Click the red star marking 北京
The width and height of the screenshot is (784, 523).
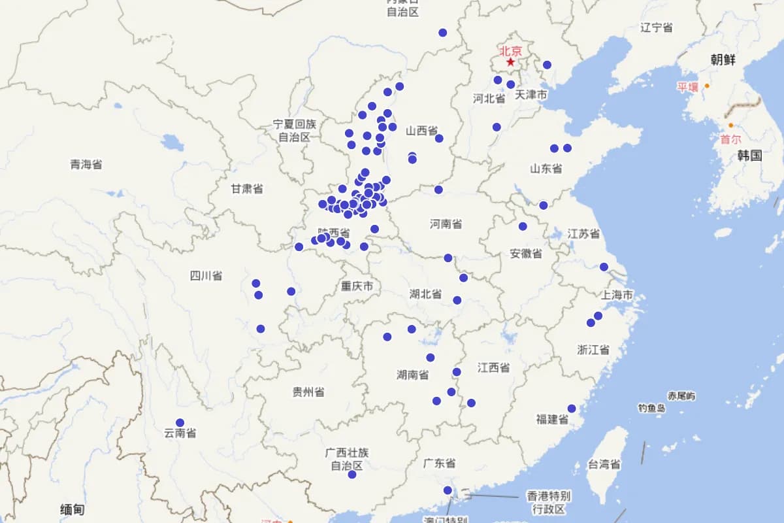510,61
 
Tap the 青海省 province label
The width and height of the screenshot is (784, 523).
86,164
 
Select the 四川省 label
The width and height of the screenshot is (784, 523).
206,275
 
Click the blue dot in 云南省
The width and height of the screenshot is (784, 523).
180,422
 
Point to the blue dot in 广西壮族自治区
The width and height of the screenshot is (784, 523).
352,474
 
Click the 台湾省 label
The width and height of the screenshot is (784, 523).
604,464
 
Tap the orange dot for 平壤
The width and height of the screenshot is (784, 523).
706,86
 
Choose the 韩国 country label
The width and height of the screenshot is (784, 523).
749,155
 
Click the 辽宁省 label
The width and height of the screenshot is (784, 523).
657,27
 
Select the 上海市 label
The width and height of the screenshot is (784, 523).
617,295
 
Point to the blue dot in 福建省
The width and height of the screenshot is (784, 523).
572,408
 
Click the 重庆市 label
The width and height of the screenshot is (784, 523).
357,286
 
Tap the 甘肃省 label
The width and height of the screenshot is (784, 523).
247,189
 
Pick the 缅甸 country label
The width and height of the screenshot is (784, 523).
72,509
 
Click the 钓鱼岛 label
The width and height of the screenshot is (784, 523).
651,408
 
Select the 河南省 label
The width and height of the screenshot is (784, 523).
446,224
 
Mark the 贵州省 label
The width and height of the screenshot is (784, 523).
308,392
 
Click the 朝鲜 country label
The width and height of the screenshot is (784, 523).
723,59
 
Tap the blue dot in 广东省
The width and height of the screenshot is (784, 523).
448,490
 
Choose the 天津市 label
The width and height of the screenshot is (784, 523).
531,95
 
